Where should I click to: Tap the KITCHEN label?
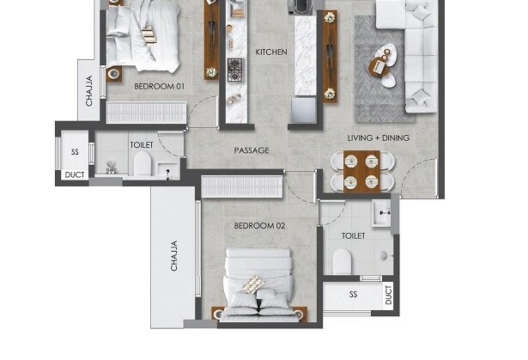[x=271, y=52]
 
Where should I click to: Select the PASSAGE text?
[x=252, y=151]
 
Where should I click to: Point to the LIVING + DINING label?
[x=378, y=138]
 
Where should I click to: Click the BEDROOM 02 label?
[x=259, y=226]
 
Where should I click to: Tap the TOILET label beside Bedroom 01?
[x=142, y=146]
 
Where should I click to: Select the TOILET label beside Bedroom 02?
[x=353, y=235]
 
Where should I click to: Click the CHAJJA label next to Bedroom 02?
[x=173, y=256]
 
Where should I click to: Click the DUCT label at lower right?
[x=388, y=296]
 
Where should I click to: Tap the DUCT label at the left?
[x=75, y=176]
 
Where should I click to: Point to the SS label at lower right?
[x=353, y=295]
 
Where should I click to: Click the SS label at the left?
[x=76, y=152]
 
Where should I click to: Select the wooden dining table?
[x=361, y=170]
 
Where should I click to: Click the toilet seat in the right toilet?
[x=342, y=260]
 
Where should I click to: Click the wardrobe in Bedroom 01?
[x=146, y=113]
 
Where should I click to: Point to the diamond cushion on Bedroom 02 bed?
[x=252, y=284]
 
